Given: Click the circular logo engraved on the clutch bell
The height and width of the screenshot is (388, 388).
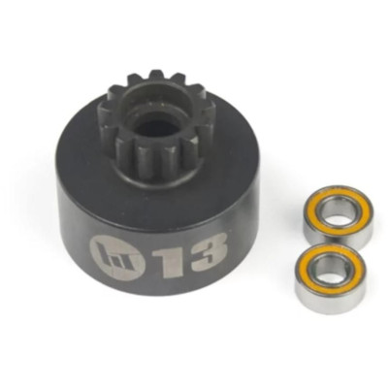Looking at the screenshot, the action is (116, 259).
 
